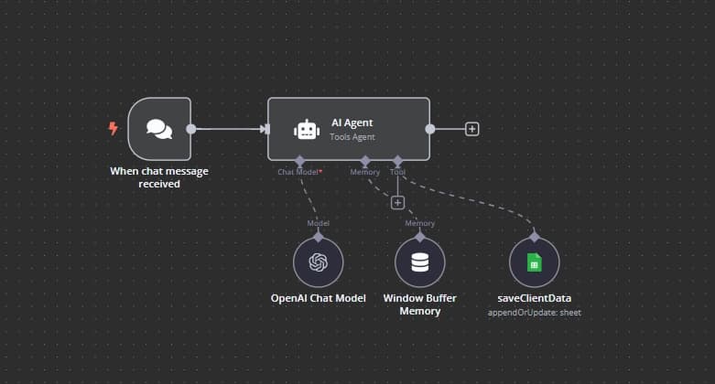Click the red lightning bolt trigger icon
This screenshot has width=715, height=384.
point(114,129)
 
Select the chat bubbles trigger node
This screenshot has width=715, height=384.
point(159,129)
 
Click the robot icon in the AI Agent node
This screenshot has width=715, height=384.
point(306,130)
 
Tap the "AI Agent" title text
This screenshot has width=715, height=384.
point(352,123)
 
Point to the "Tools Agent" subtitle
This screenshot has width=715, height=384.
point(352,137)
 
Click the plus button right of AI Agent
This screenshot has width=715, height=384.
point(472,129)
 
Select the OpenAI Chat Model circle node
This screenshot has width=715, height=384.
point(319,263)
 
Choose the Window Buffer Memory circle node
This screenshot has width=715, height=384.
point(419,263)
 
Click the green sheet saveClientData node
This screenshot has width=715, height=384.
point(535,263)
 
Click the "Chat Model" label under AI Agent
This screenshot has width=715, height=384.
point(298,171)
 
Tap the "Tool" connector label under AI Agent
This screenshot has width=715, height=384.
point(397,171)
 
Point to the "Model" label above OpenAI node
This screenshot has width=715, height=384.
point(318,223)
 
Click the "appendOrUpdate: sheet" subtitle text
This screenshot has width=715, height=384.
point(535,313)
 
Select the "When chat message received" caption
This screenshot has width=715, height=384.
point(158,176)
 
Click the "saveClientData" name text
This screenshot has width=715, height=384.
point(535,299)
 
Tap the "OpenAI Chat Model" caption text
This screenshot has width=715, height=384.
point(319,299)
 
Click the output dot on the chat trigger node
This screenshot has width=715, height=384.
point(191,129)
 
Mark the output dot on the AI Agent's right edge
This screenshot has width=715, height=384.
point(430,129)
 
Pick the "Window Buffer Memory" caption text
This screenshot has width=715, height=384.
point(419,304)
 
